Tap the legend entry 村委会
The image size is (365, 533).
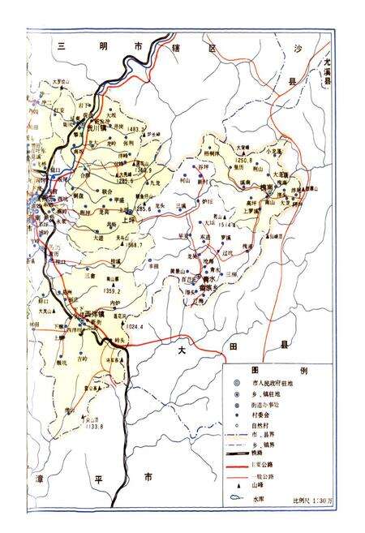pos(262,413)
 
